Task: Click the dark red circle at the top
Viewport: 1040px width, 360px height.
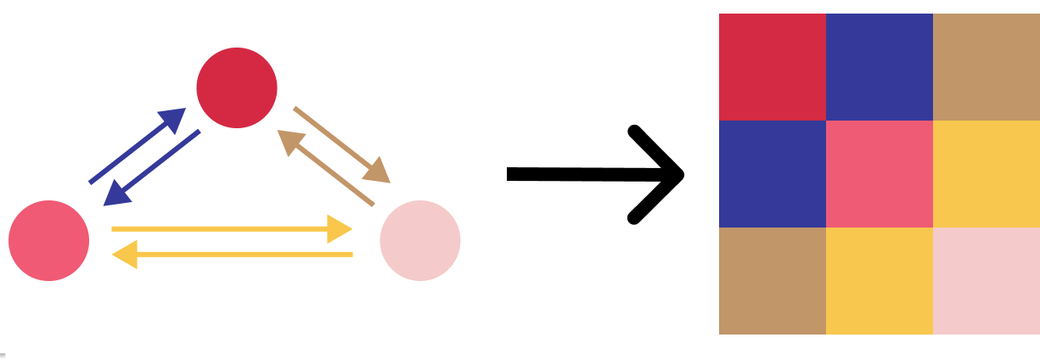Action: (237, 87)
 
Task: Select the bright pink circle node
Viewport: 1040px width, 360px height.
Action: (48, 240)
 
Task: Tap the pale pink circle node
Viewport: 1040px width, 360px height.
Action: (419, 240)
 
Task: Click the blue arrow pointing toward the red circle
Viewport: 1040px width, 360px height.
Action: (136, 146)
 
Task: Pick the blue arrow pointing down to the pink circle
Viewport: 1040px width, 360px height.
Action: (153, 167)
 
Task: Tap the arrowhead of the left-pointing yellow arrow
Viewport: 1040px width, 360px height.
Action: (126, 254)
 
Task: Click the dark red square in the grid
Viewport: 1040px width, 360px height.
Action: (773, 67)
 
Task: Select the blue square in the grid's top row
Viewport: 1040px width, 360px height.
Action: (880, 67)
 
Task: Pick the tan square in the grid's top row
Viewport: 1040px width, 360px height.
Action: (987, 67)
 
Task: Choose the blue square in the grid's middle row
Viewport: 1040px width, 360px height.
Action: (773, 174)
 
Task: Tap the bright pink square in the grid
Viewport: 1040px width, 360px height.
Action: (880, 174)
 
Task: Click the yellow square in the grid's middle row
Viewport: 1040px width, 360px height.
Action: (987, 174)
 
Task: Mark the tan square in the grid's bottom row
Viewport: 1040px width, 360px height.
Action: (773, 281)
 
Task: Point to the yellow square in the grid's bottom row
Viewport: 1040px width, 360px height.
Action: (880, 281)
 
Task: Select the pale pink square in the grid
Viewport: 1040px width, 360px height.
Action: (987, 281)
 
